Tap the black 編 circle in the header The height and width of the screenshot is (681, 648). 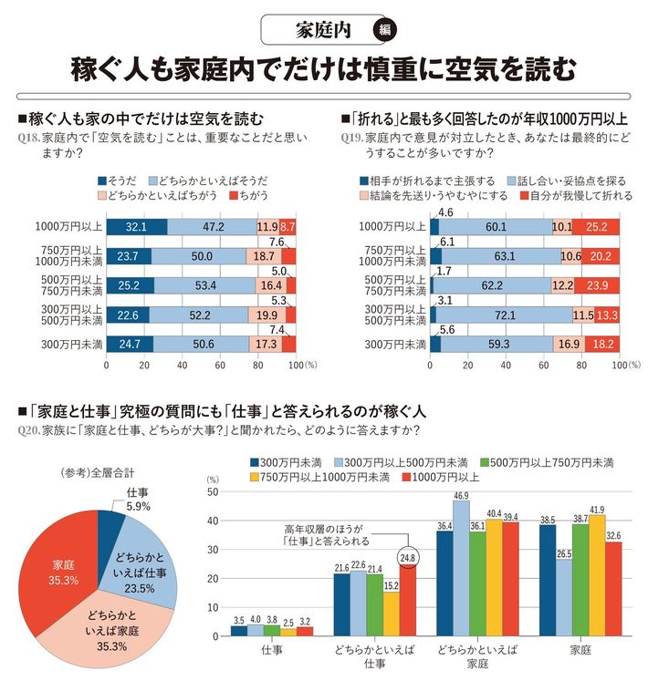pyautogui.click(x=384, y=29)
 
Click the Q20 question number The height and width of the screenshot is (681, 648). pyautogui.click(x=28, y=430)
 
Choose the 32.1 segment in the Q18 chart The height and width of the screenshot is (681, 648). pyautogui.click(x=137, y=225)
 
